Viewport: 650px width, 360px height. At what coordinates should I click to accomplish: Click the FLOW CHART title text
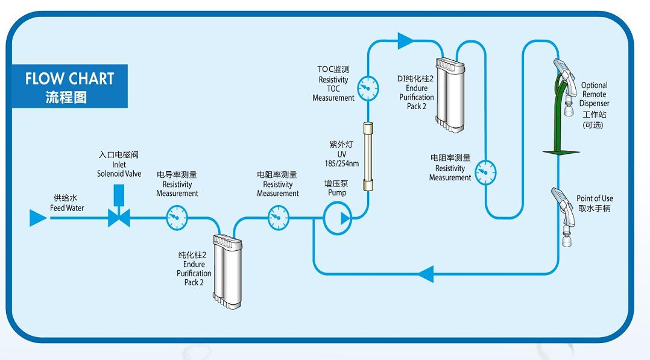click(x=69, y=78)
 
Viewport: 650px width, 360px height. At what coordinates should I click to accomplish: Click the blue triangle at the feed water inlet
click(x=38, y=218)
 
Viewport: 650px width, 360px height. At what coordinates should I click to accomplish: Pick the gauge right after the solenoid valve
click(x=177, y=216)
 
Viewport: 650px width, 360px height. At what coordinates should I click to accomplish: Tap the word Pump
click(x=337, y=193)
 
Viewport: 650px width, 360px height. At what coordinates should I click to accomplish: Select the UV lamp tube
click(x=366, y=157)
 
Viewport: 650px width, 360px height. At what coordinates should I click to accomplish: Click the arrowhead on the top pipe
click(x=405, y=41)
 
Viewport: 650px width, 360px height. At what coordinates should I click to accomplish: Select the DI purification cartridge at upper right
click(x=451, y=94)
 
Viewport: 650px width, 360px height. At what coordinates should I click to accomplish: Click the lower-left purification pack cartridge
click(x=228, y=271)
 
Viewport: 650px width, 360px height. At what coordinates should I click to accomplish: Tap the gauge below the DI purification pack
click(x=485, y=173)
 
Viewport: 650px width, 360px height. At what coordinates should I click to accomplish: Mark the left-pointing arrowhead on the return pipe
click(x=425, y=273)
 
